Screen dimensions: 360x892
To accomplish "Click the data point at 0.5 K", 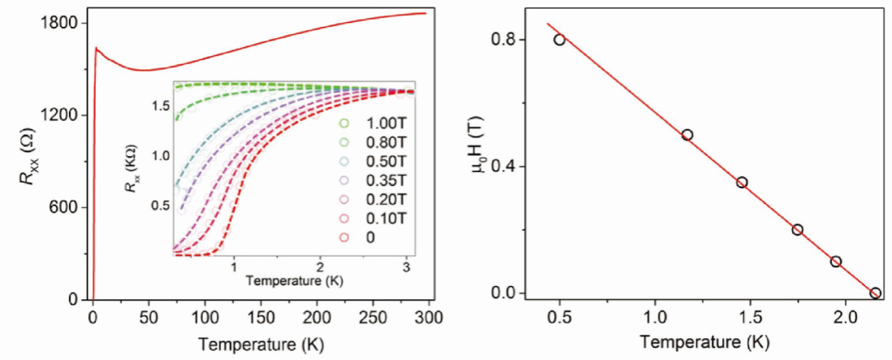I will [x=559, y=39].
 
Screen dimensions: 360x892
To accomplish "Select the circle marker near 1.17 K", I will [x=687, y=135].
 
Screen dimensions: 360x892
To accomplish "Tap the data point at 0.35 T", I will [x=742, y=182].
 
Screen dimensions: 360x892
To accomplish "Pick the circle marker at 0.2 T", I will [x=798, y=229].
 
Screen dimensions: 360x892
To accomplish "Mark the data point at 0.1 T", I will [x=836, y=261].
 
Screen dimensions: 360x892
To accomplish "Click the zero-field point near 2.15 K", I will [x=875, y=293].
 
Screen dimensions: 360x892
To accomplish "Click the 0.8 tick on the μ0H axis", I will [x=508, y=39].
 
